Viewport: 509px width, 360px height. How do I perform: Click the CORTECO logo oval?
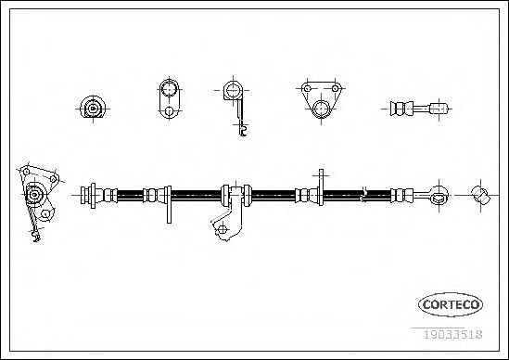pos(451,304)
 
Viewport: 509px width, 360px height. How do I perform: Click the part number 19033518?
pos(452,334)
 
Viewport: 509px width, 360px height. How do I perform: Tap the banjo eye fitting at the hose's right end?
pos(439,195)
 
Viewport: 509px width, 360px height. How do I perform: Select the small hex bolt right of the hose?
pos(480,195)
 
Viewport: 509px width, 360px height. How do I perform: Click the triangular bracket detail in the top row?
pos(321,100)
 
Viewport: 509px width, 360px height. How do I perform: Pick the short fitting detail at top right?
pos(419,109)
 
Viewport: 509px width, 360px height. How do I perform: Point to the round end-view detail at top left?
pos(93,108)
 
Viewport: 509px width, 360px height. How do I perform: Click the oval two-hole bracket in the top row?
pos(169,98)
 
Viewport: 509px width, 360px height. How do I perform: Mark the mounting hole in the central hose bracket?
pos(222,229)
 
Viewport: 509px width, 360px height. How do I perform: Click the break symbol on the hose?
pos(363,195)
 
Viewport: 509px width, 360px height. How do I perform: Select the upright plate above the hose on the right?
pos(321,187)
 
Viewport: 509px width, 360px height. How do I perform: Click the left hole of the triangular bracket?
pos(307,88)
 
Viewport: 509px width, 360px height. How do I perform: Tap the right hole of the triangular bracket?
pos(335,88)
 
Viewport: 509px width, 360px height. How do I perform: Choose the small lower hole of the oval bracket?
pos(169,111)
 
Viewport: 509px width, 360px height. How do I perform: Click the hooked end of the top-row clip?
pos(243,131)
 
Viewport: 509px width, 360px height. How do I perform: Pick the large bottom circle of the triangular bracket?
pos(321,109)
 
